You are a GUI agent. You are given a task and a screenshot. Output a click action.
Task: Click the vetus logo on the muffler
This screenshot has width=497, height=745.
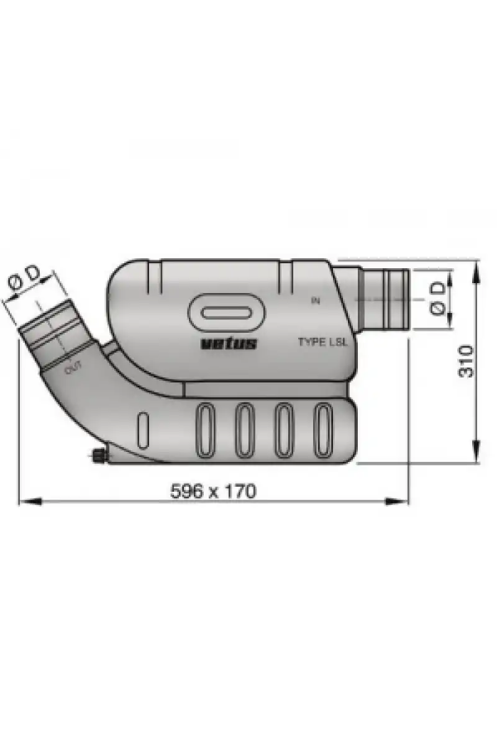pyautogui.click(x=229, y=343)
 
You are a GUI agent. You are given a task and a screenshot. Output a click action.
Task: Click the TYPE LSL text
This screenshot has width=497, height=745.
pyautogui.click(x=322, y=342)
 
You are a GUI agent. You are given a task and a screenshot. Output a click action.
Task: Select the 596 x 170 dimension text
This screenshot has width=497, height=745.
pyautogui.click(x=213, y=491)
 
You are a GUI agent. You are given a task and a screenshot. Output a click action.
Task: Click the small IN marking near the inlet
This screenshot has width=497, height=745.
pyautogui.click(x=315, y=300)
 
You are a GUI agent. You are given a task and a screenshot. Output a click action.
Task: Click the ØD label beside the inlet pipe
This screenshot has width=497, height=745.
pyautogui.click(x=438, y=299)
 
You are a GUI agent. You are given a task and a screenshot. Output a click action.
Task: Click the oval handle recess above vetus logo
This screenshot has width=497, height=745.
pyautogui.click(x=227, y=313)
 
